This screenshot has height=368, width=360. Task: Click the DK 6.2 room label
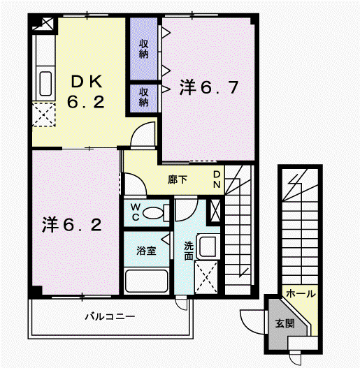tap(86, 91)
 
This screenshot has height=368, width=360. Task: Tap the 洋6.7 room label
tap(209, 87)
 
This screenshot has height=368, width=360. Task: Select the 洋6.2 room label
tap(72, 225)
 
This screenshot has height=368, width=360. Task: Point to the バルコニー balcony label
tap(110, 316)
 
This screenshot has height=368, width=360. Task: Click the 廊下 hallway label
tap(178, 179)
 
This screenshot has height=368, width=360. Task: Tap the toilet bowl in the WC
tap(153, 213)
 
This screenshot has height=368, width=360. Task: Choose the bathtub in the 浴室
tap(147, 281)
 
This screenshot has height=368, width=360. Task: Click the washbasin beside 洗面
tap(207, 246)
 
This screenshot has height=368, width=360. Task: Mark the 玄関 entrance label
tap(285, 323)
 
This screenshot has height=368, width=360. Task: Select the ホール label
tap(301, 294)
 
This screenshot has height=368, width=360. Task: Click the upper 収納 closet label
tap(143, 49)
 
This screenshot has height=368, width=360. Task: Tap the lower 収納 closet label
tap(143, 97)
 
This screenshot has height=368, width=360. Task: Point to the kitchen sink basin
tap(45, 84)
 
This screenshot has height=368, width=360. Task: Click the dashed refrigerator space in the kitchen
tap(44, 115)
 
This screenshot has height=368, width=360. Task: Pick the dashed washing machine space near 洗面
tap(206, 277)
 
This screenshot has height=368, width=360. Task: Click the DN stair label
tap(217, 179)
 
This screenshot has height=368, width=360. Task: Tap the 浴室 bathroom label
tap(146, 251)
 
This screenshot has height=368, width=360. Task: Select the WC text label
tap(136, 212)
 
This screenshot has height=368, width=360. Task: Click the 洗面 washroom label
tap(189, 251)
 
